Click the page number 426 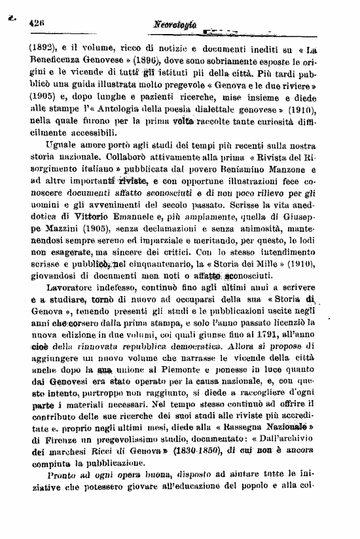coord(36,22)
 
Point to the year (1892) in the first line coord(43,47)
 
